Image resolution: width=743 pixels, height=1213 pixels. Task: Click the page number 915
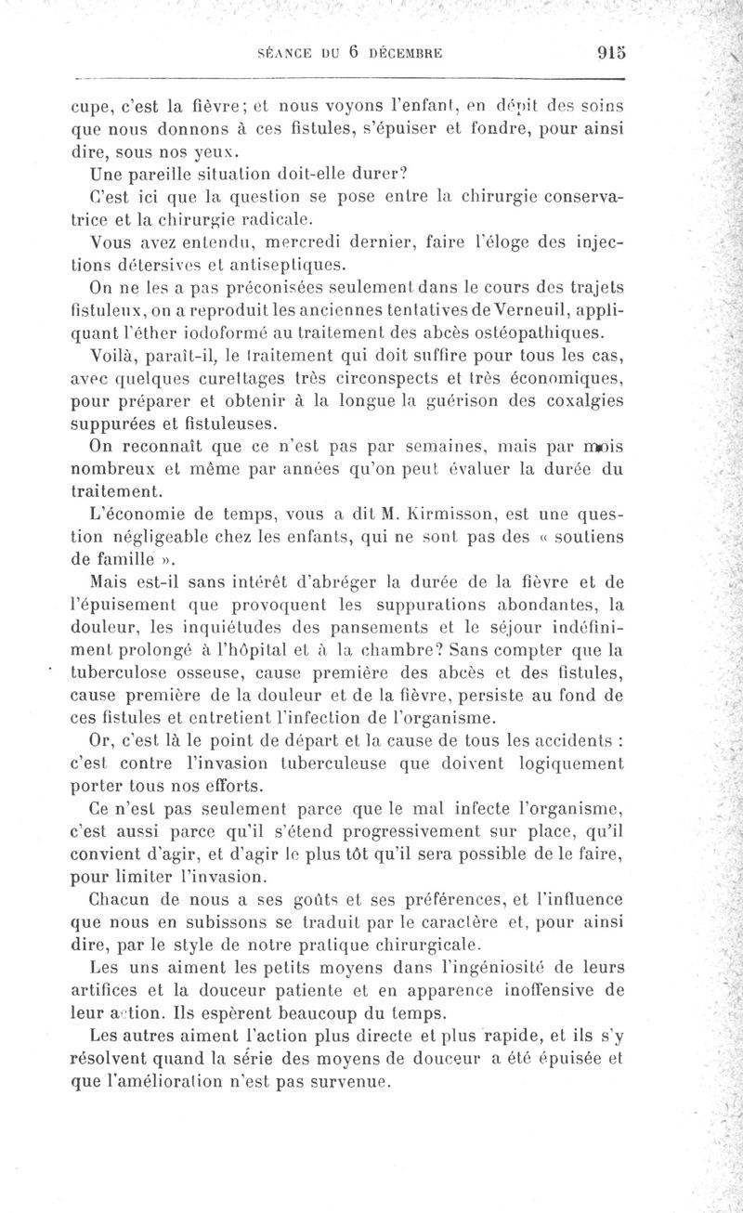click(x=599, y=53)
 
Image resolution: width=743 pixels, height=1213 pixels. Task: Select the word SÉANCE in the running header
click(x=284, y=54)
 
